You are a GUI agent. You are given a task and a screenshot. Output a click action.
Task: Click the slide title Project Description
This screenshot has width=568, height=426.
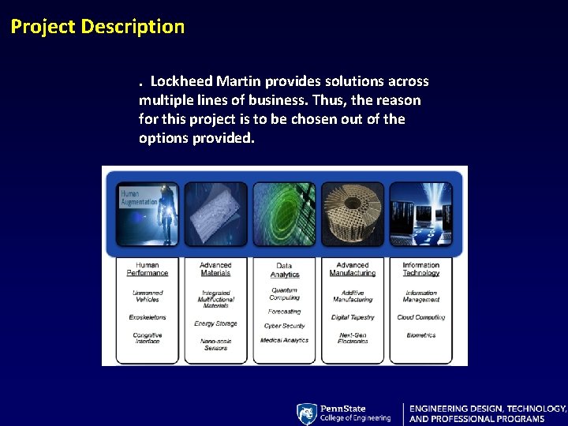(98, 27)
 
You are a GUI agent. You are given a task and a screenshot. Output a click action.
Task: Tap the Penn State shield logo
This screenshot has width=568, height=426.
(306, 413)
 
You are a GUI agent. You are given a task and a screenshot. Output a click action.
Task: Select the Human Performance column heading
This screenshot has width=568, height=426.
(148, 269)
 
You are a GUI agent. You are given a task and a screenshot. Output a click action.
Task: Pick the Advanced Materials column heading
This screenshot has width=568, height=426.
(215, 269)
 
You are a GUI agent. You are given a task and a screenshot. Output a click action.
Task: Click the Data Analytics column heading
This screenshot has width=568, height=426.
(284, 270)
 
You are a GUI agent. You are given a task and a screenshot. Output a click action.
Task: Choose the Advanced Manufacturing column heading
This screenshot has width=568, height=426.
(353, 269)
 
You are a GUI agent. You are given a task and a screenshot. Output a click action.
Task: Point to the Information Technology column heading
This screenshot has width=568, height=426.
(420, 269)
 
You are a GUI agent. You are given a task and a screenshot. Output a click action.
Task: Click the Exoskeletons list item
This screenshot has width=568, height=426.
(148, 317)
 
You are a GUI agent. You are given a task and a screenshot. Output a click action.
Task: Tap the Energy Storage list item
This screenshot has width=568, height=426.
(215, 323)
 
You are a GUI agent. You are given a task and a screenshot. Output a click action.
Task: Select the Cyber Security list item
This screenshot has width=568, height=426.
(284, 325)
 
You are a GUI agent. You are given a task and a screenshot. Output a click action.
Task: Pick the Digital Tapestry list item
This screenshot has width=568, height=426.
(353, 317)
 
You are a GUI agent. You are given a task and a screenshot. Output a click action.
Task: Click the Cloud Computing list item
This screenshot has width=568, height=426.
(420, 317)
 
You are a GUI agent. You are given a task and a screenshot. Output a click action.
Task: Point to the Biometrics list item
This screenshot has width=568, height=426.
(420, 335)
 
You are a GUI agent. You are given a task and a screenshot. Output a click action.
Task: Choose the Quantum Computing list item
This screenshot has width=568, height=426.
(284, 293)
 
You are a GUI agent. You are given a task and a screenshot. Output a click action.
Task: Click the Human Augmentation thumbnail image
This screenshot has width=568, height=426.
(148, 214)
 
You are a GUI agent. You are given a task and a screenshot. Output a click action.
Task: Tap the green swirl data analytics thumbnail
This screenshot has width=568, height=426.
(284, 214)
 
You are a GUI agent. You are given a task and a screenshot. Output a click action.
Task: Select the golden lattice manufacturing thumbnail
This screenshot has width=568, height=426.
(353, 214)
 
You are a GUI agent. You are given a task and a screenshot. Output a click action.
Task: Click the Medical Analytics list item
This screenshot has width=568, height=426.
(284, 340)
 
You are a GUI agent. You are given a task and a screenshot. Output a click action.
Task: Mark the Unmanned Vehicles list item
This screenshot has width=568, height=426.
(148, 296)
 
